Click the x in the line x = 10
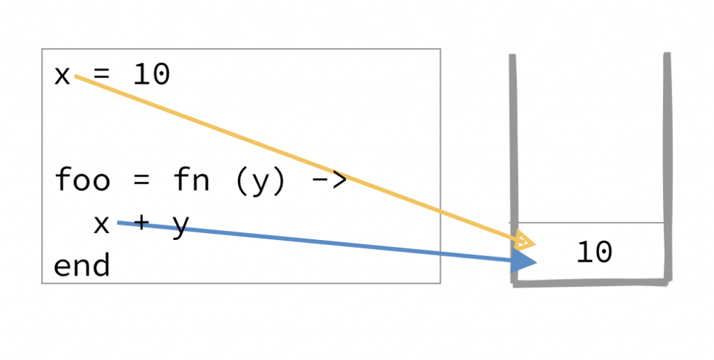click(62, 75)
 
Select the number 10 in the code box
click(151, 75)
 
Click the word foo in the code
click(82, 180)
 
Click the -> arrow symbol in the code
click(327, 181)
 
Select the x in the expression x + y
click(102, 223)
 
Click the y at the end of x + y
click(181, 225)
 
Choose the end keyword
click(82, 266)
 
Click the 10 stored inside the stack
click(594, 253)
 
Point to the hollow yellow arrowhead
click(525, 241)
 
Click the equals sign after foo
click(141, 180)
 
